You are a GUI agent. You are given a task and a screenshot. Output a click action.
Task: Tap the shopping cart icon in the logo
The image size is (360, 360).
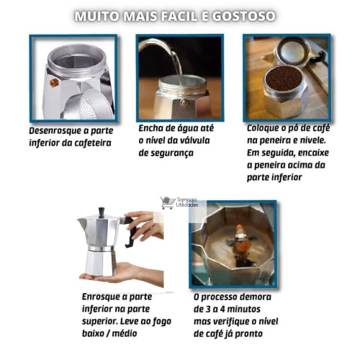167,203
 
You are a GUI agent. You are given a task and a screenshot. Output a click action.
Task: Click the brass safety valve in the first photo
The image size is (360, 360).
53,83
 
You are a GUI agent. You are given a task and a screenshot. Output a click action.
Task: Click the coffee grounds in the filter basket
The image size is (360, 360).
282,78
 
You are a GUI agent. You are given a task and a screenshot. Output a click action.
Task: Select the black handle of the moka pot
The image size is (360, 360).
130,234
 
